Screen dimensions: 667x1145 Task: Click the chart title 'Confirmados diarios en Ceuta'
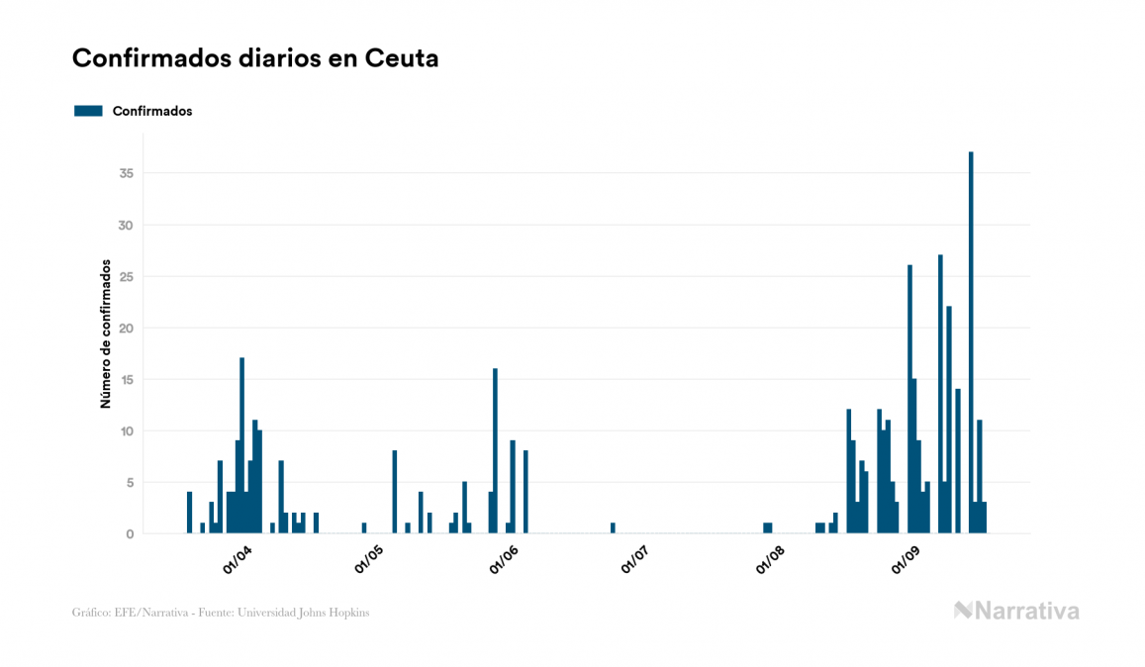tap(255, 58)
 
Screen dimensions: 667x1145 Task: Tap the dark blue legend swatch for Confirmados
tap(88, 111)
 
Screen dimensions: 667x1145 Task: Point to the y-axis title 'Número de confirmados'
tap(104, 334)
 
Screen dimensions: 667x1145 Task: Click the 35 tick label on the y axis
tap(126, 174)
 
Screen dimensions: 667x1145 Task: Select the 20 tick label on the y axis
tap(126, 329)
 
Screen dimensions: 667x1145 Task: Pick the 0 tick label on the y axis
tap(130, 534)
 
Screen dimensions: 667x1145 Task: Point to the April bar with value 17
tap(242, 445)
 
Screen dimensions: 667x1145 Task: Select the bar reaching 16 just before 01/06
tap(495, 450)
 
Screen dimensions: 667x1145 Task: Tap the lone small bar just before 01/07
tap(613, 528)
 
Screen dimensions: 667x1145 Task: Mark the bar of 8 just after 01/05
tap(395, 492)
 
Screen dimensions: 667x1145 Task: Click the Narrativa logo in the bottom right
tap(1016, 611)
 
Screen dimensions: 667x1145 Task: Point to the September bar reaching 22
tap(949, 420)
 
